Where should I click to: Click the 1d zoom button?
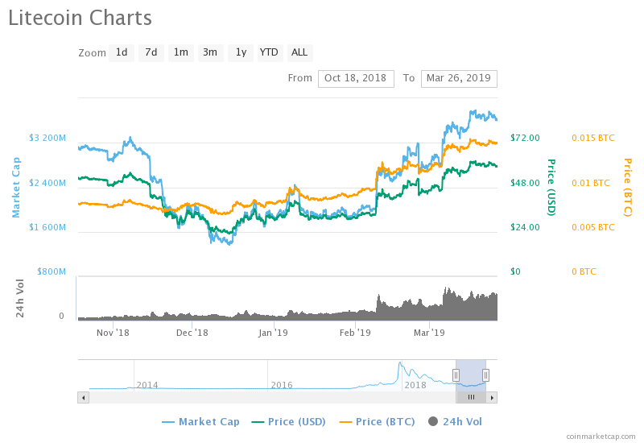click(x=122, y=52)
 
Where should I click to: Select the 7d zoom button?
click(x=151, y=52)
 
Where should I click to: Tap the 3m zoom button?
click(x=210, y=52)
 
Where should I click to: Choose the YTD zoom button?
click(x=269, y=52)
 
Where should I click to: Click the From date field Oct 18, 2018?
click(x=356, y=78)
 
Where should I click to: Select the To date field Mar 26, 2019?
click(x=459, y=78)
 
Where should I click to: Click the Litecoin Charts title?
click(x=80, y=17)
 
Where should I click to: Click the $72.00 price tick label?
click(x=525, y=138)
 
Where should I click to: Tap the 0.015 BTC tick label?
click(x=592, y=138)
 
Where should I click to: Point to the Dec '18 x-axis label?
click(x=192, y=332)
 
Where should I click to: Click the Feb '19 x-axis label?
click(x=354, y=332)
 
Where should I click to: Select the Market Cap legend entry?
click(x=200, y=421)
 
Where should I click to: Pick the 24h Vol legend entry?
click(x=455, y=421)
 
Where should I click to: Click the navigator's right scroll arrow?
click(x=492, y=397)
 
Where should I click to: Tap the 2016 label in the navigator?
click(x=281, y=385)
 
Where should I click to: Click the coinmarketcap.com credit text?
click(x=601, y=436)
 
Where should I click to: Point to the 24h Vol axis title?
click(x=21, y=298)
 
